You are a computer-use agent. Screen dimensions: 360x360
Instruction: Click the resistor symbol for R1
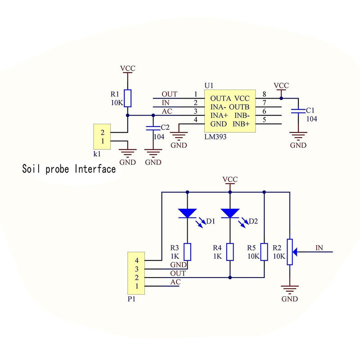128,98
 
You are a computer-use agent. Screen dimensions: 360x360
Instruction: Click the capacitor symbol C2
153,128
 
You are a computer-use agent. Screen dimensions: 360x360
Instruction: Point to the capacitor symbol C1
298,111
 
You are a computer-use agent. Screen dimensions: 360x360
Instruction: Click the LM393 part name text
216,137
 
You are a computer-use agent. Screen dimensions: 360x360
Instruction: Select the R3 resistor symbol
187,252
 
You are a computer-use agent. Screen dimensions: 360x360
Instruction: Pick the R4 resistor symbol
230,252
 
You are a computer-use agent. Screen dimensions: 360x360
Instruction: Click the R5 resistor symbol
264,252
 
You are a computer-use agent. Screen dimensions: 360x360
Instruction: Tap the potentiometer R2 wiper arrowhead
295,252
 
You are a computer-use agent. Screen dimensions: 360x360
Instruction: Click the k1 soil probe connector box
102,137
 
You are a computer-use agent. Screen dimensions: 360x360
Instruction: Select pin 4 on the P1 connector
137,261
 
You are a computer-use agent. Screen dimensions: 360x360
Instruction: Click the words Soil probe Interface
69,169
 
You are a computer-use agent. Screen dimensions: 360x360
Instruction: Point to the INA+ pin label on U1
219,116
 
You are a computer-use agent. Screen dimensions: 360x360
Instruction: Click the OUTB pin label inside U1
239,107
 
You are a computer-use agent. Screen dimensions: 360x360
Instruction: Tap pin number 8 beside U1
264,94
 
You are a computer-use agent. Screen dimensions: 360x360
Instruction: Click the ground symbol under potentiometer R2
290,290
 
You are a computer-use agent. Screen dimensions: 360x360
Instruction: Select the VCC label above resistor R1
128,68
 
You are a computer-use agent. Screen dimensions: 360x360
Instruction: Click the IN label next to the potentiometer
319,248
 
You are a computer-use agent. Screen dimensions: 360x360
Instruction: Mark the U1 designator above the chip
209,85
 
